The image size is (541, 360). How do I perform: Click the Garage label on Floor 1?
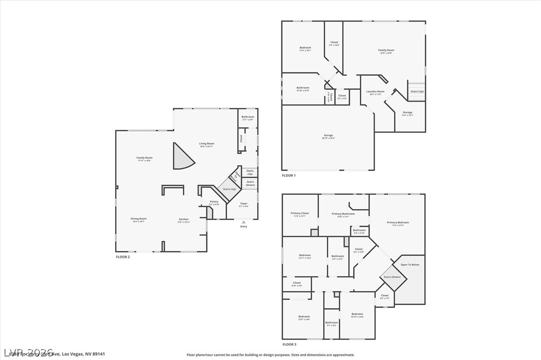click(x=328, y=135)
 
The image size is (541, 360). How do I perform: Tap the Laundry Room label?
click(x=375, y=92)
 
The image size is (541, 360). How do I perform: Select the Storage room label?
click(x=407, y=113)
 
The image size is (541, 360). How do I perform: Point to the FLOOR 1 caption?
click(x=289, y=176)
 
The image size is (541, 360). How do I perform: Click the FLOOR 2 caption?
click(x=123, y=257)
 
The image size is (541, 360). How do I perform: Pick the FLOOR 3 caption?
click(x=289, y=345)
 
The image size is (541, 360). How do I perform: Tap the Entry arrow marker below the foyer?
click(x=244, y=222)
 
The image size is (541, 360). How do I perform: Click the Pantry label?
click(x=214, y=202)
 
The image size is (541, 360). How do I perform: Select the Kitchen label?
click(x=184, y=219)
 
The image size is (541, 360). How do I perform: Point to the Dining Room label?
click(x=138, y=219)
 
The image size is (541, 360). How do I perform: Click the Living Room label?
click(x=206, y=144)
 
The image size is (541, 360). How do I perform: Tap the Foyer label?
click(x=244, y=203)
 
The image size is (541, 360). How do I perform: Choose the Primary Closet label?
click(x=300, y=214)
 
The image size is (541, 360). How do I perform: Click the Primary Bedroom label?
click(x=398, y=223)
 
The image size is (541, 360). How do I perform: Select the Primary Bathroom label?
click(x=343, y=214)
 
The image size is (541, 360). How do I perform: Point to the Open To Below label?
click(x=410, y=265)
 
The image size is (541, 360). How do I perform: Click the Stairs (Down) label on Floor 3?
click(x=392, y=277)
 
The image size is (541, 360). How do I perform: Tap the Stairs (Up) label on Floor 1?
click(x=417, y=92)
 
